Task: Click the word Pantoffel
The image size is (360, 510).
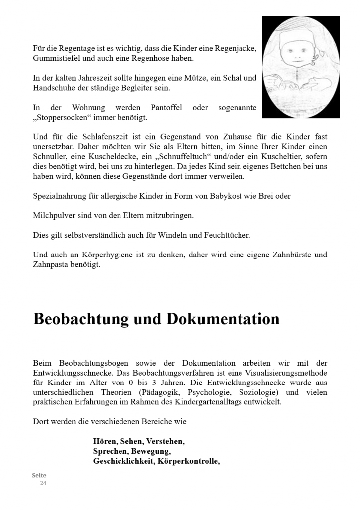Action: click(x=166, y=108)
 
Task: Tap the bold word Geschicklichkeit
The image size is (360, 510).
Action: click(x=123, y=461)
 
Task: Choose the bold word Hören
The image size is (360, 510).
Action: click(x=104, y=441)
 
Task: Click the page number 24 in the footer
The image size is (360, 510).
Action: click(x=43, y=483)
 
